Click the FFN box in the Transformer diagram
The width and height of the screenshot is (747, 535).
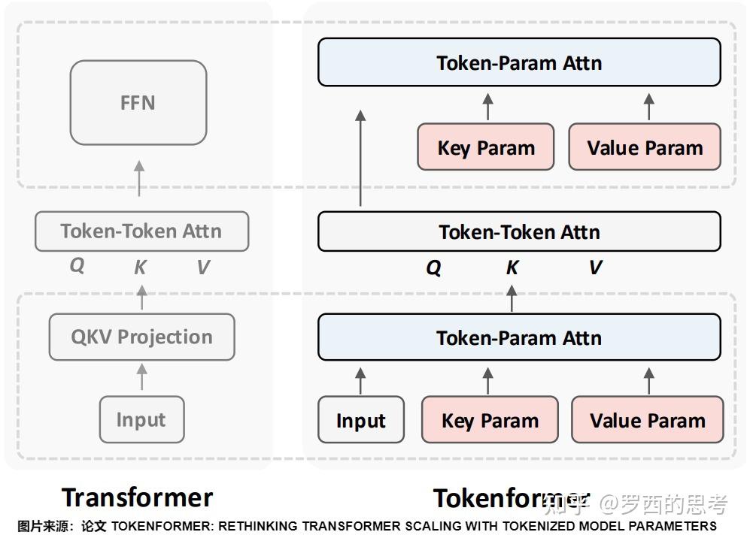pyautogui.click(x=138, y=103)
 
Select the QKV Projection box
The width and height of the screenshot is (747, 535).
pyautogui.click(x=141, y=337)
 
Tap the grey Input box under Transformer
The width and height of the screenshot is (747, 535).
pyautogui.click(x=141, y=419)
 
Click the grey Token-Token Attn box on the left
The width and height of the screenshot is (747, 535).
pyautogui.click(x=141, y=231)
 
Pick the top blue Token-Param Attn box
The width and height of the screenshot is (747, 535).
pyautogui.click(x=519, y=62)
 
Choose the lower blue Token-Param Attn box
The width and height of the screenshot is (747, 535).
pyautogui.click(x=519, y=337)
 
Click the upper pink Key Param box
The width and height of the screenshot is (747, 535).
pyautogui.click(x=486, y=147)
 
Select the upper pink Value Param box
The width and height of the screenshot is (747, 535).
pyautogui.click(x=645, y=147)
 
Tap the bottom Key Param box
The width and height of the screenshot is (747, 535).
pyautogui.click(x=490, y=420)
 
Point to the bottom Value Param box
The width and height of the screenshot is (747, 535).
pyautogui.click(x=648, y=420)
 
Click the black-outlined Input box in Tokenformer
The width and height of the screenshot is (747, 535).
pyautogui.click(x=361, y=420)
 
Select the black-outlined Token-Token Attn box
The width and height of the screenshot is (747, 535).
pyautogui.click(x=519, y=231)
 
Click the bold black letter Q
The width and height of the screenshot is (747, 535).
pyautogui.click(x=434, y=267)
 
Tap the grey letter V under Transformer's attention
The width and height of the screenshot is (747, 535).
pyautogui.click(x=202, y=267)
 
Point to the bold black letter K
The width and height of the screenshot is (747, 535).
pyautogui.click(x=512, y=267)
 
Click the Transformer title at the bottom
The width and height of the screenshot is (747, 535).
pyautogui.click(x=138, y=497)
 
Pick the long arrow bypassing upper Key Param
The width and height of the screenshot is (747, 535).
pyautogui.click(x=360, y=158)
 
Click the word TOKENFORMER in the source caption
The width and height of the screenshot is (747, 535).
pyautogui.click(x=152, y=526)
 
